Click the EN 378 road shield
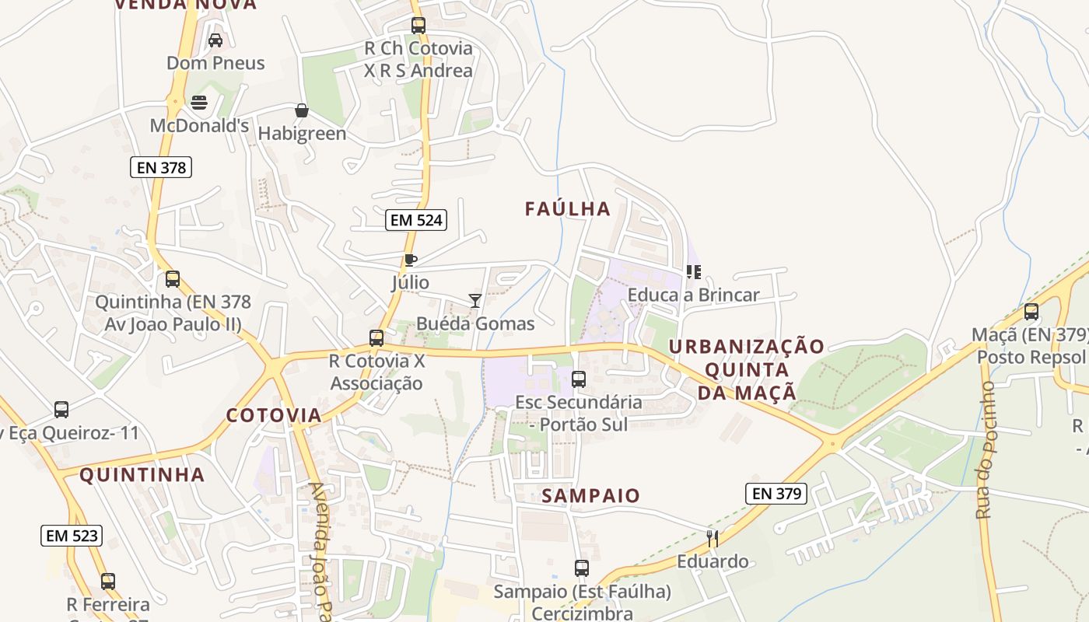point(160,167)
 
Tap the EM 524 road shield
point(416,220)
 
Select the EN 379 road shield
point(776,493)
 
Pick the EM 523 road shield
point(72,535)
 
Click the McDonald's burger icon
point(199,103)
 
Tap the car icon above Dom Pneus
point(215,40)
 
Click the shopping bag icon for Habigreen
point(301,111)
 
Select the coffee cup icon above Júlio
point(410,260)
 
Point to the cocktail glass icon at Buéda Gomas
point(475,301)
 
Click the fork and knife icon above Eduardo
point(711,538)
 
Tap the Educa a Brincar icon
point(694,272)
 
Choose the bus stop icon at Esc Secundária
point(579,379)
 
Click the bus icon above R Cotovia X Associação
point(376,338)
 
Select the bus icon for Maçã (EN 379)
point(1031,312)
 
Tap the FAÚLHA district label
point(567,209)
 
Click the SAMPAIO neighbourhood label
point(590,496)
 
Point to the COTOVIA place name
point(274,415)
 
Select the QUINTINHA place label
point(142,475)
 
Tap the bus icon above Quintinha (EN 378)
point(173,279)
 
